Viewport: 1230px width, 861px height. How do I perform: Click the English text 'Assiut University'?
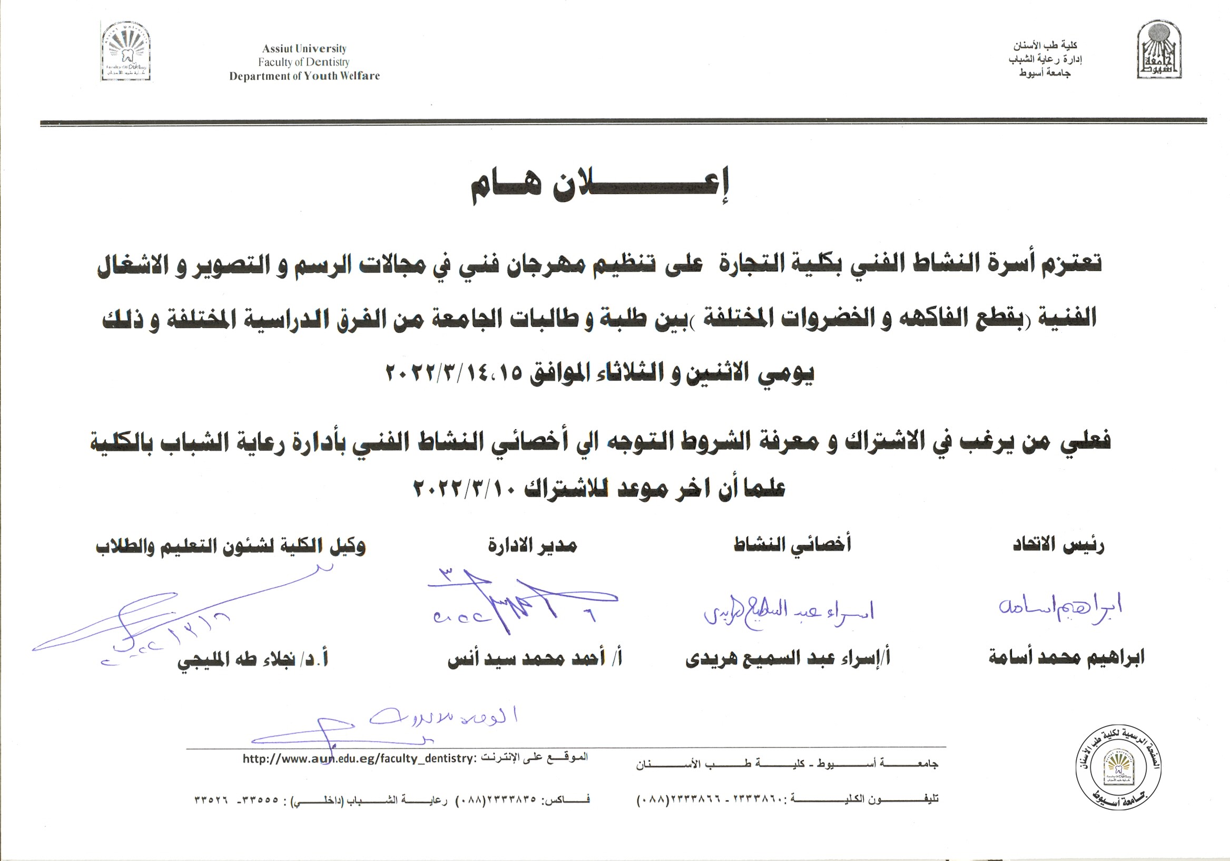click(304, 49)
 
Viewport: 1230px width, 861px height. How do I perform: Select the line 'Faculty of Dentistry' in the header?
click(304, 62)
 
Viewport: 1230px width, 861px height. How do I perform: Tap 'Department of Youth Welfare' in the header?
click(304, 76)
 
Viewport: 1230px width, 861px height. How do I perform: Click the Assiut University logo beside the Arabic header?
click(1159, 50)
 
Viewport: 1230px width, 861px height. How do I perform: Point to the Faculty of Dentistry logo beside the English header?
click(126, 52)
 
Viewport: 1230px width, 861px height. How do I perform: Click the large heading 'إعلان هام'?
click(599, 185)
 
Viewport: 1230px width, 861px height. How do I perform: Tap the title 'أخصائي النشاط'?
click(792, 545)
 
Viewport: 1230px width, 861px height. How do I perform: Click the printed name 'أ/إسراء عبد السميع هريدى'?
click(788, 658)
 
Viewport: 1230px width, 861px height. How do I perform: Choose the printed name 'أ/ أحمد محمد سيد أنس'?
click(535, 658)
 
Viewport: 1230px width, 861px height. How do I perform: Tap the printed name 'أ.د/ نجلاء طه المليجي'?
click(252, 659)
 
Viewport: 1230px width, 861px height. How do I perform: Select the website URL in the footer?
click(359, 759)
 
